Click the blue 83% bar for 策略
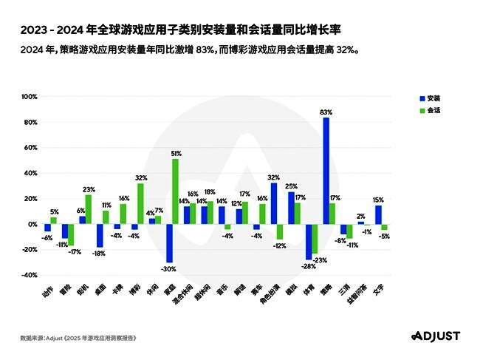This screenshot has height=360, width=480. tap(326, 171)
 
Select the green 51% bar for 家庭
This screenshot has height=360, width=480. tap(175, 191)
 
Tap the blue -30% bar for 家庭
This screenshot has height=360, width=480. tap(169, 243)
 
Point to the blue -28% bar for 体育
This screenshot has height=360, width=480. tap(309, 242)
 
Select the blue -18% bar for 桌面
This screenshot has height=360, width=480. tap(100, 235)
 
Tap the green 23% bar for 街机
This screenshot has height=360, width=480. tap(89, 209)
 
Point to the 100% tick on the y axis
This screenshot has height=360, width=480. tap(29, 97)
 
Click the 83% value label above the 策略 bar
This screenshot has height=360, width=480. tap(326, 112)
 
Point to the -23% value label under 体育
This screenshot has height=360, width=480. tap(320, 260)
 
